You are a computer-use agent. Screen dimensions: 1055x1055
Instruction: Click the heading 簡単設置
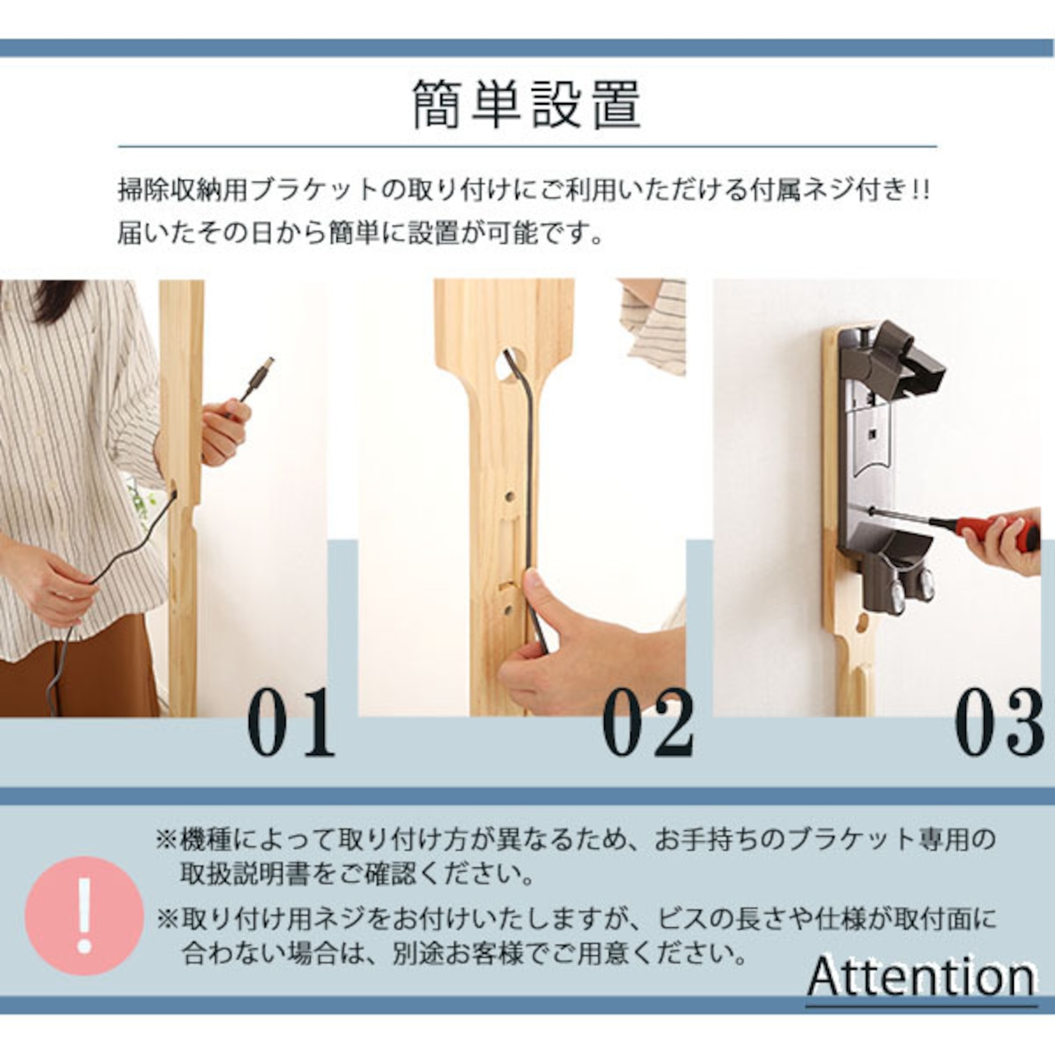coord(527,105)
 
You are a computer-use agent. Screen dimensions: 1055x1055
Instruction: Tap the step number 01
coord(291,722)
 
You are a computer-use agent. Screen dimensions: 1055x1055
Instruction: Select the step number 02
coord(648,722)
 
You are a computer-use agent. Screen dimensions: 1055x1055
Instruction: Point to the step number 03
coord(999,722)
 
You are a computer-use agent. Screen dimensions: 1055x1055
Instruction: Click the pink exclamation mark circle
coord(84,916)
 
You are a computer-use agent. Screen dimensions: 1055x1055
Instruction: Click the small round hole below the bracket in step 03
coord(863,623)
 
